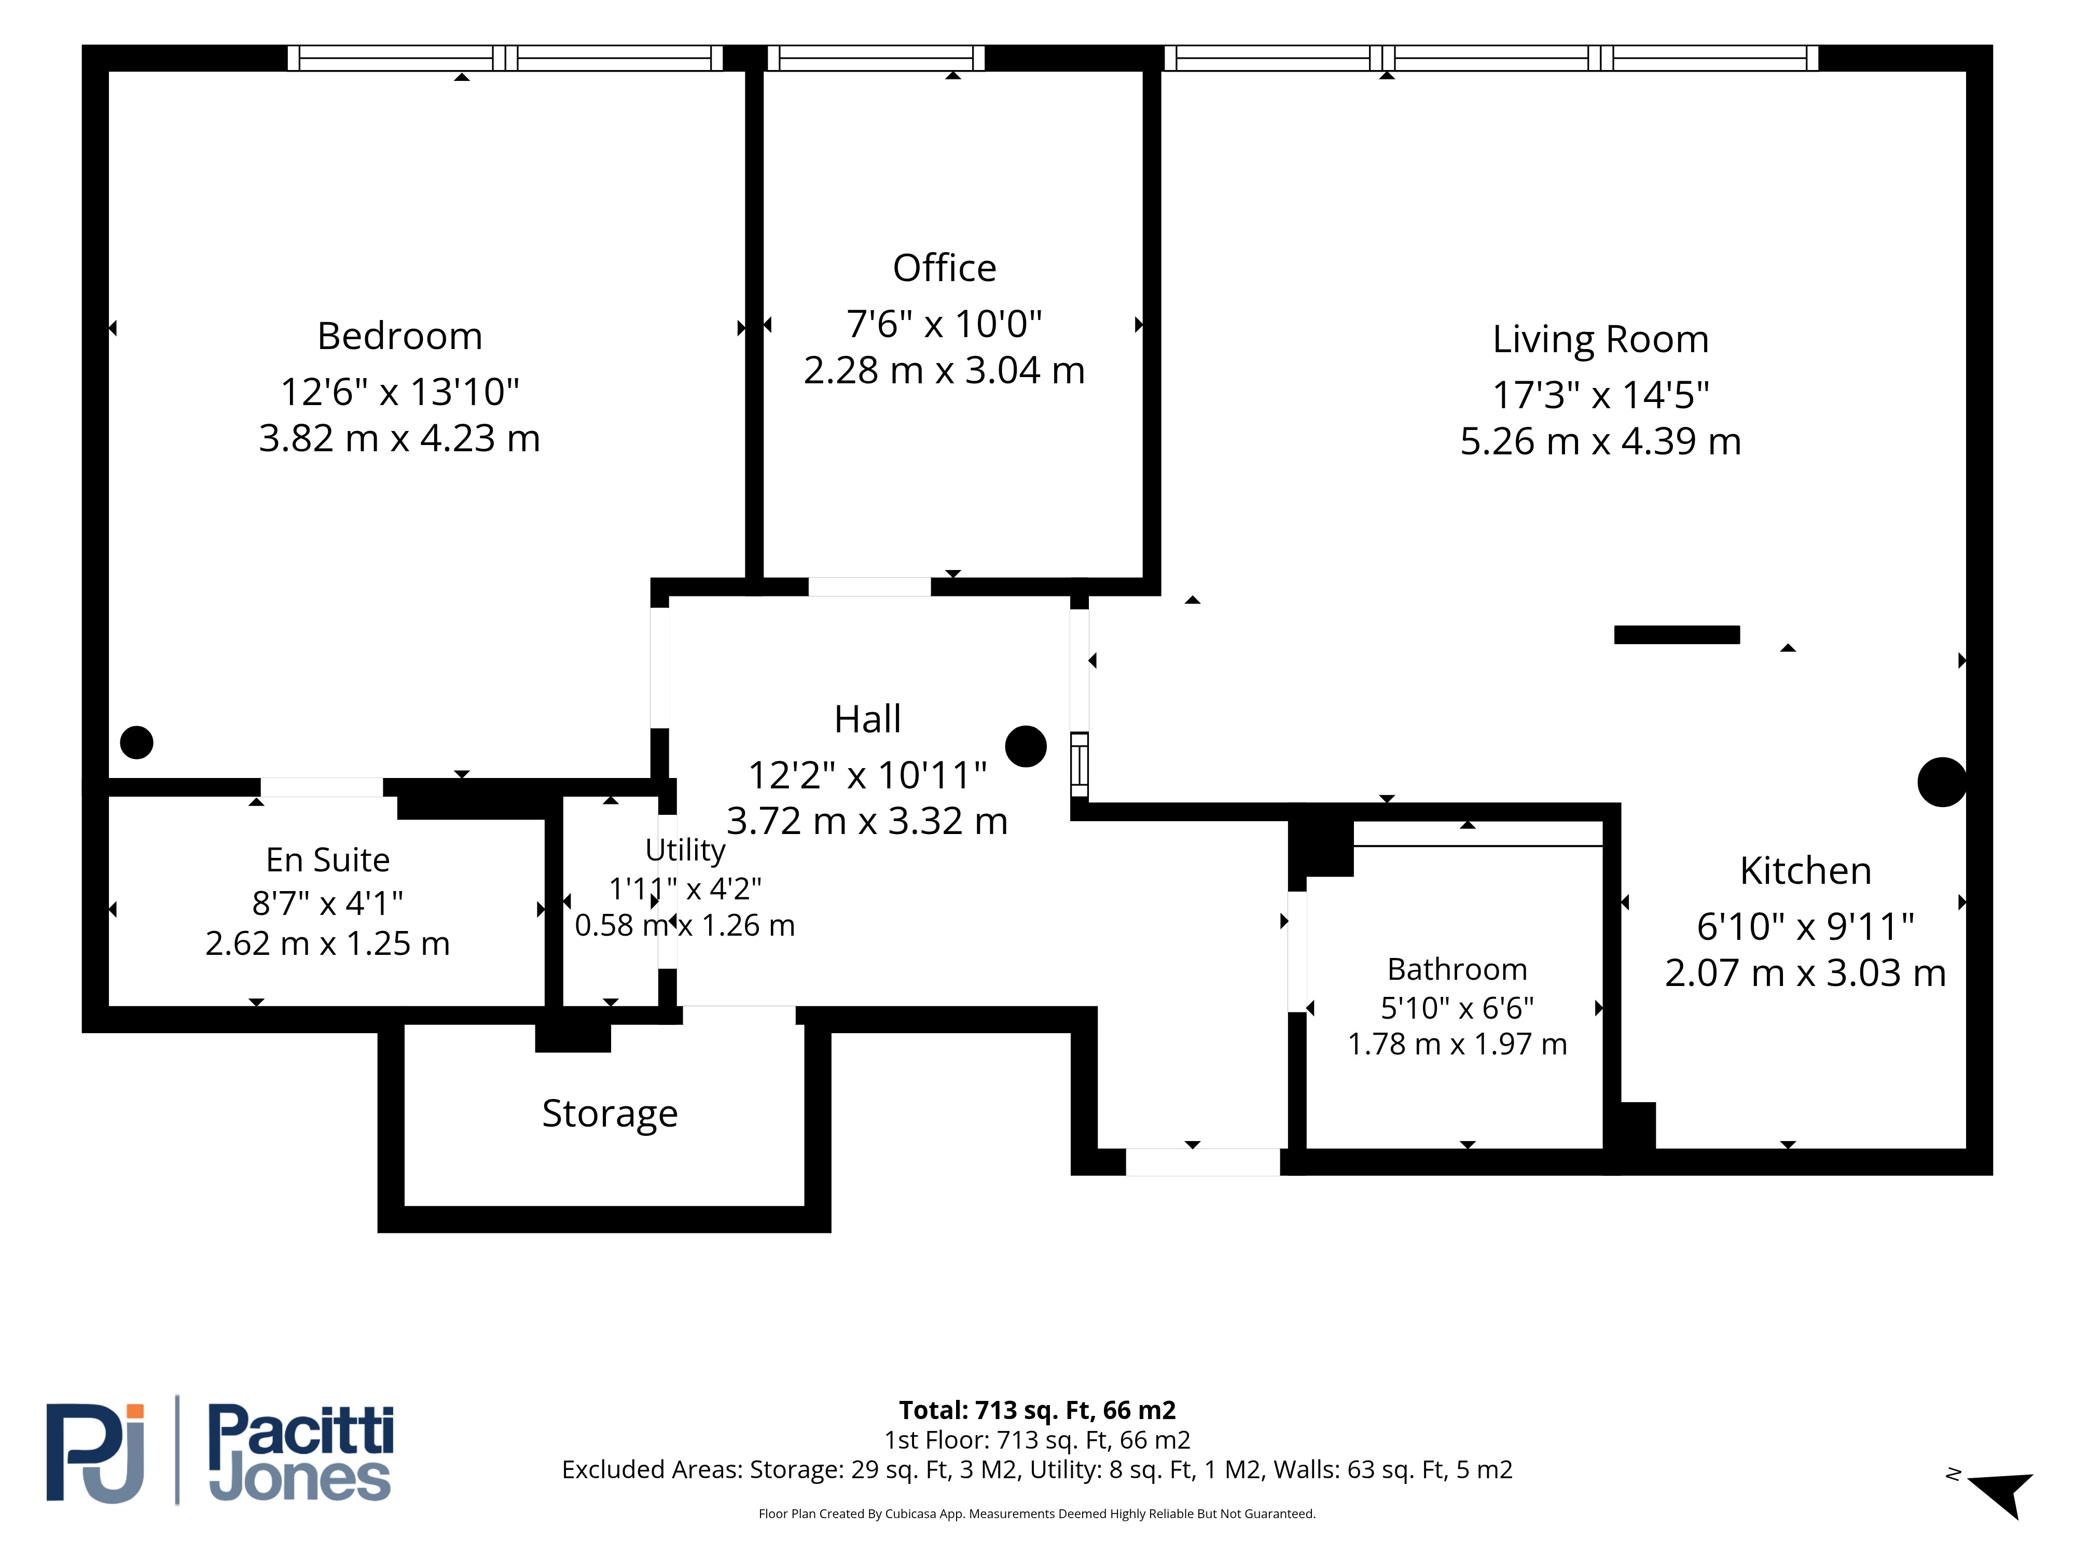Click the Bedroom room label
[399, 336]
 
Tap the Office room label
[945, 268]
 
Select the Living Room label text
[1600, 340]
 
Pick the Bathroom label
[1457, 969]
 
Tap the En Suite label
[327, 859]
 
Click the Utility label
[685, 850]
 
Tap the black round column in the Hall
[1025, 746]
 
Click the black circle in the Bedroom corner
[137, 743]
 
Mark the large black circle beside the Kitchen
[1942, 782]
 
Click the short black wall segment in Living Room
[1676, 635]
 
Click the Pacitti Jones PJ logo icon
[95, 1453]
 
